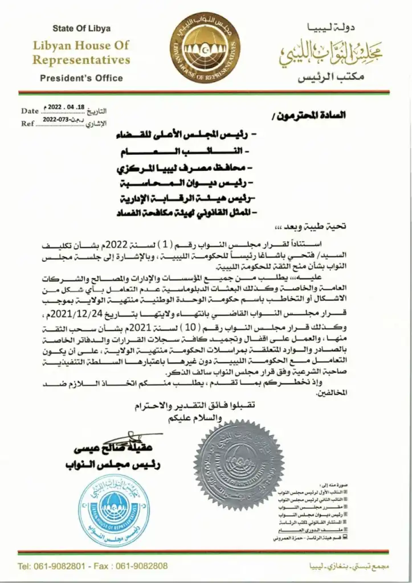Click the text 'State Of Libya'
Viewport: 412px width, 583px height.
(81, 28)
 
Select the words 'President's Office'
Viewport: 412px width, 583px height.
(81, 78)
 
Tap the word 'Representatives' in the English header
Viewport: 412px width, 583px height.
(81, 60)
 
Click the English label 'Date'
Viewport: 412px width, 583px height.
(29, 111)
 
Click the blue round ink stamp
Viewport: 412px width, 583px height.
(115, 510)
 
